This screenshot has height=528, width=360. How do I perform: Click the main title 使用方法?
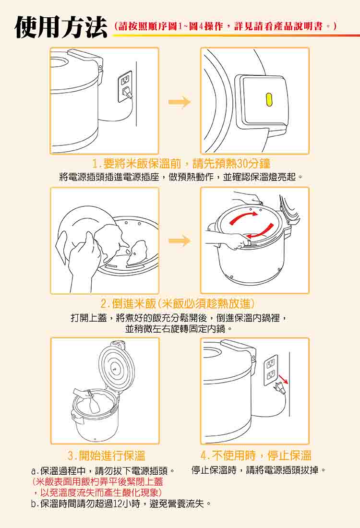[x=60, y=26]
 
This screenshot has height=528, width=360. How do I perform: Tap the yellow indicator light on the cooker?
[x=269, y=99]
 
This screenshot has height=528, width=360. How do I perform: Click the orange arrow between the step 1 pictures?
[x=180, y=102]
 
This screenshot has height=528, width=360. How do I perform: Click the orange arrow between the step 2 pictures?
[x=180, y=240]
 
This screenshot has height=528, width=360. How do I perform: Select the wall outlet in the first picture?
[x=125, y=86]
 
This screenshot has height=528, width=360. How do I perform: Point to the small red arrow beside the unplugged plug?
[x=284, y=379]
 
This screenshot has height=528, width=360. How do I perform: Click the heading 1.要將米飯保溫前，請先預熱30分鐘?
[x=181, y=164]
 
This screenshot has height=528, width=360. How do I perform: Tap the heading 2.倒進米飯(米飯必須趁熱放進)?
[x=178, y=304]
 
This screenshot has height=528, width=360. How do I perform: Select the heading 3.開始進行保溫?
[x=107, y=456]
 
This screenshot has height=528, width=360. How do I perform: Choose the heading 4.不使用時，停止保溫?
[x=256, y=456]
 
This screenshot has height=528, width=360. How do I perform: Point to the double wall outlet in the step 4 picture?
[x=271, y=368]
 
